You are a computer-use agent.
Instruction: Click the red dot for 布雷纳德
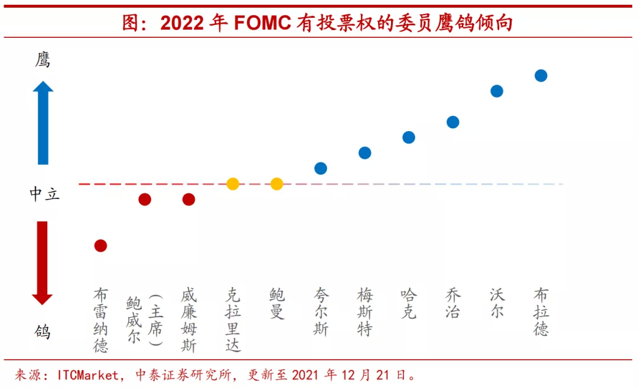100,246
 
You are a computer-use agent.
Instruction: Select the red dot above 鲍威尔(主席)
145,199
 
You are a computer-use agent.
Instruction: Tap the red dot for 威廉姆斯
189,199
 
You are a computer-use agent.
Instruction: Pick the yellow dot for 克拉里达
233,184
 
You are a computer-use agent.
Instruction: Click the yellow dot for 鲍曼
276,184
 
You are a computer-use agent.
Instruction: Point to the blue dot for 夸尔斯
321,168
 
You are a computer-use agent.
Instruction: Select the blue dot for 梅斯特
365,153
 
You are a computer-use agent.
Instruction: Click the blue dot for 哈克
409,138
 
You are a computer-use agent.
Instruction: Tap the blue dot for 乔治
453,122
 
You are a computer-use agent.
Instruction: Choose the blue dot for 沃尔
497,91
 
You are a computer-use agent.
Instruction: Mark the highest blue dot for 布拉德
541,76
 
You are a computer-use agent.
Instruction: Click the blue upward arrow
43,123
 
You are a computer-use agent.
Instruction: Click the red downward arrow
43,263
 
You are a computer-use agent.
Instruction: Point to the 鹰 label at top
43,60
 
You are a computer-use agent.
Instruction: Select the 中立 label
44,194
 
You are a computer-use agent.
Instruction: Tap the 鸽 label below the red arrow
43,332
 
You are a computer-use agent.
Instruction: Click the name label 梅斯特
365,312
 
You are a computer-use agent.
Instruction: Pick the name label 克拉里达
233,319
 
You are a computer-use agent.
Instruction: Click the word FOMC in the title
262,23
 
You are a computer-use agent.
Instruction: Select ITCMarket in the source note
88,375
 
